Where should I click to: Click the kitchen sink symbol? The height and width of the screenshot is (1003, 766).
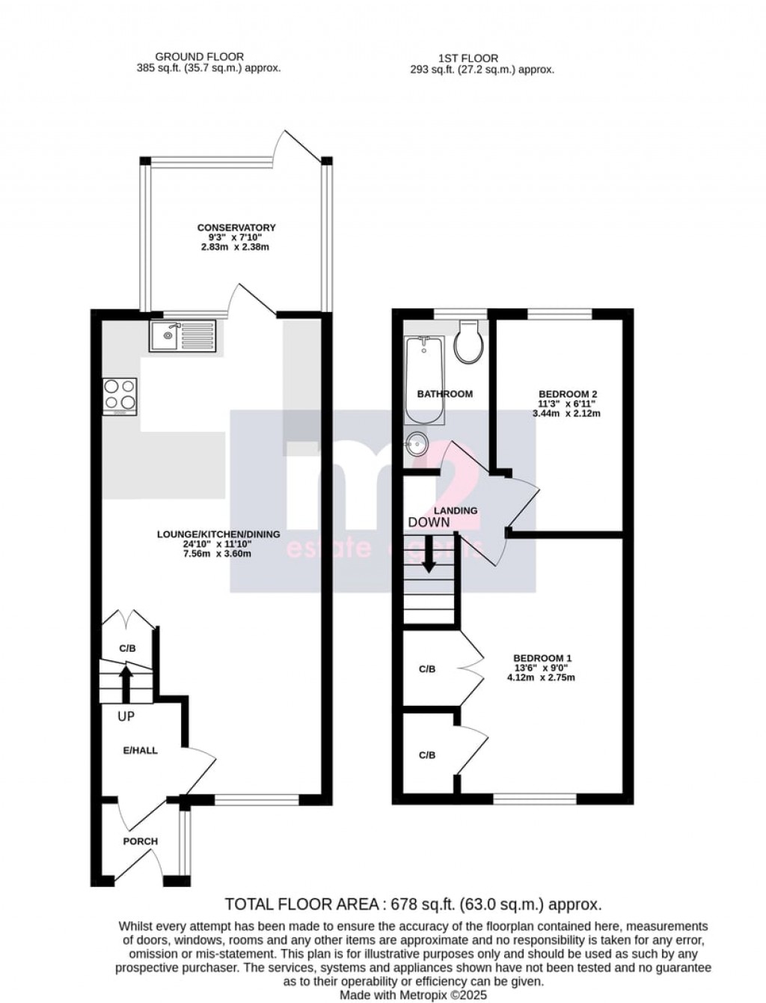pos(182,335)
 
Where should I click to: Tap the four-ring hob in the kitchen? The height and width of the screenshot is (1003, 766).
pos(120,395)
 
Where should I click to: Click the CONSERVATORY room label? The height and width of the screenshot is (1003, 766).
pos(236,228)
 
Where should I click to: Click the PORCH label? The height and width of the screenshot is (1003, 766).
pos(141,841)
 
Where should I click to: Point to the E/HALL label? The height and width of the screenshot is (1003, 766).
pos(141,750)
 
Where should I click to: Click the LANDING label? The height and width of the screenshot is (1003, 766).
pos(457,510)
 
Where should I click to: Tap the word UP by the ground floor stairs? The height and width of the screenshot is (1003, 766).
pos(126,716)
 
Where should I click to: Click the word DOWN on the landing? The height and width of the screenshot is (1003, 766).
pos(429,522)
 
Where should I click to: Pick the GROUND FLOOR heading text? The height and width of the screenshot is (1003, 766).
pos(199,56)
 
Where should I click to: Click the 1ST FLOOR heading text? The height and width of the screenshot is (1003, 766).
pos(468,58)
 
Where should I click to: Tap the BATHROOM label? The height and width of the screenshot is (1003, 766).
pos(445,394)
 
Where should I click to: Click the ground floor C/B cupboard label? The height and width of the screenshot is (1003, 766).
pos(128,648)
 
